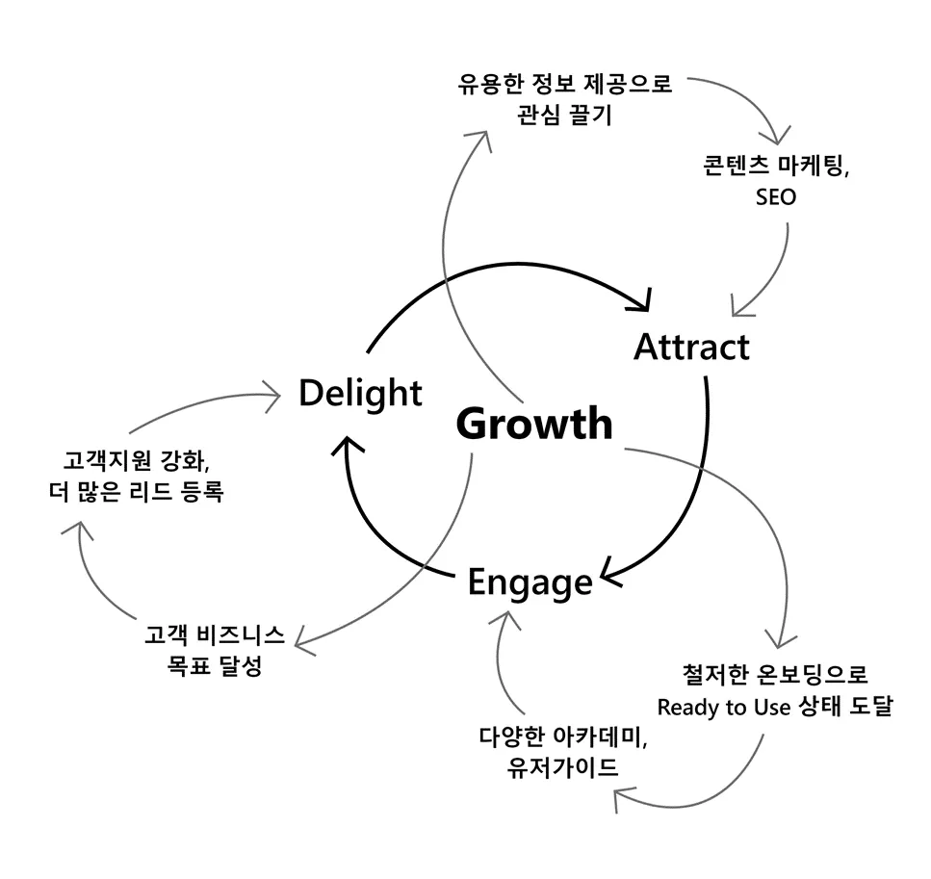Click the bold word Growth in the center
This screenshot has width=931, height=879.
[x=533, y=424]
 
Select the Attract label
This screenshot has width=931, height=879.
[x=690, y=347]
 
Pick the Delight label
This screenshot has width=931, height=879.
[x=360, y=393]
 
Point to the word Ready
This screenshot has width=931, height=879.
[x=687, y=707]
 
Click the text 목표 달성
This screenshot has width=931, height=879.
[x=214, y=666]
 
